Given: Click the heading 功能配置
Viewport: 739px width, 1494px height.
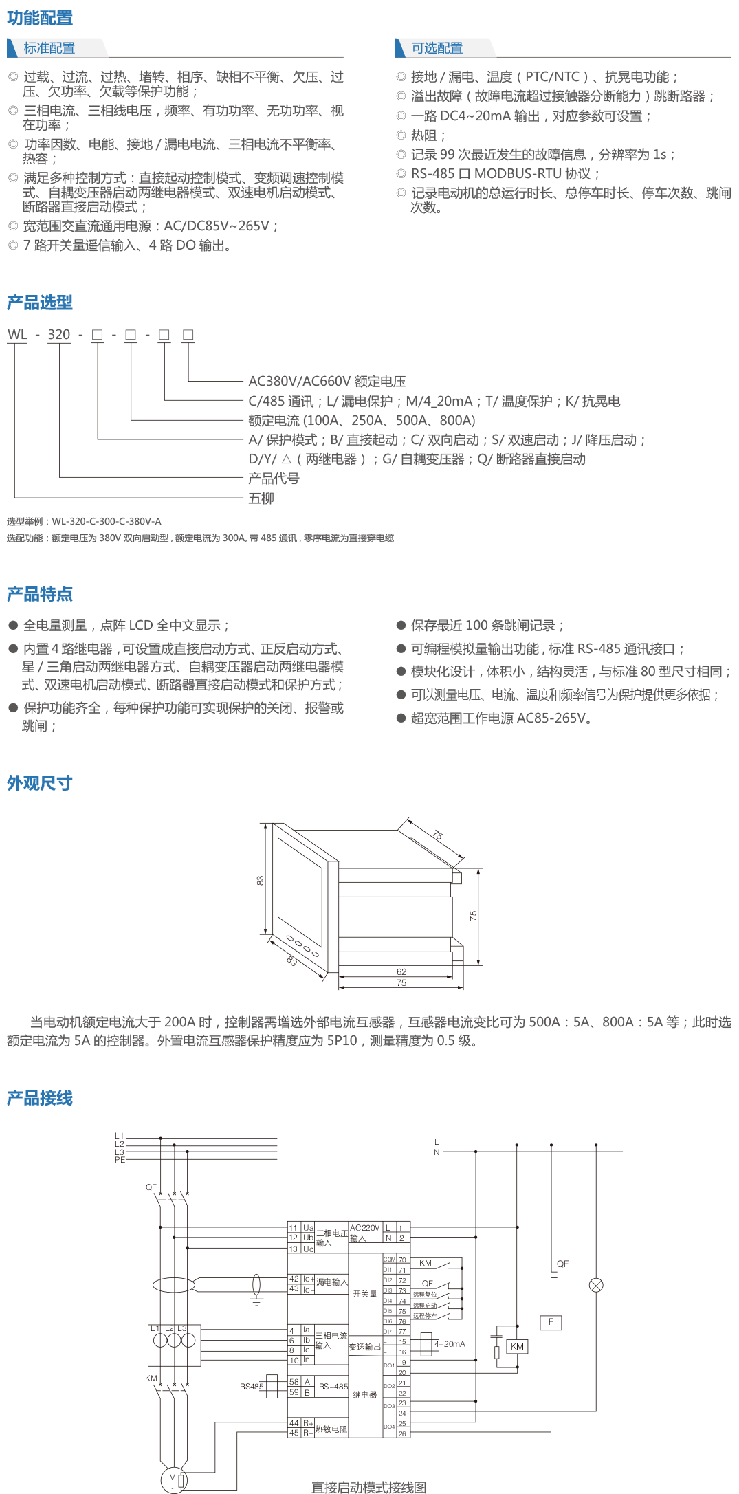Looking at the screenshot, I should tap(40, 18).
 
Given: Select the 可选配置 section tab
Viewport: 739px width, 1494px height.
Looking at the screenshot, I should tap(437, 48).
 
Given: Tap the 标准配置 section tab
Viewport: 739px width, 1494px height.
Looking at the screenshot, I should tap(49, 48).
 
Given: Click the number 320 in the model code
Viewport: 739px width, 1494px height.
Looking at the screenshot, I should tap(59, 335).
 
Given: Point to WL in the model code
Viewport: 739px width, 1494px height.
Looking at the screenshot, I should tap(17, 335).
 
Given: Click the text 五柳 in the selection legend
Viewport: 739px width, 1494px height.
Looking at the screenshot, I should tap(261, 498).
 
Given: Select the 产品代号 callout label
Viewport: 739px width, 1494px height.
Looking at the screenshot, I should tap(274, 479).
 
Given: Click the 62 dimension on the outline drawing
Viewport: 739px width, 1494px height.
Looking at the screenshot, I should tap(401, 971).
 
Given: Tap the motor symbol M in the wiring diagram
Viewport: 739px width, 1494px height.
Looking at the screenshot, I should tap(173, 1477).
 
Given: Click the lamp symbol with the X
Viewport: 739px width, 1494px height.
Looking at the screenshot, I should tap(596, 1285).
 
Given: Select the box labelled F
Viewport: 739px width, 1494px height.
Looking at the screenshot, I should tap(551, 1322).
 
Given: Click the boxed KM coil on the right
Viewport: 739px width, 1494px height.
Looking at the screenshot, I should tap(517, 1346).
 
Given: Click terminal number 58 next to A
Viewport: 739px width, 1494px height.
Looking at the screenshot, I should tap(294, 1381).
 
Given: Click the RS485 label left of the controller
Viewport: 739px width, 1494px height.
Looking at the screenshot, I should tap(252, 1386).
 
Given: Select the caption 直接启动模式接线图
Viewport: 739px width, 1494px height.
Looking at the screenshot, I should tap(368, 1487).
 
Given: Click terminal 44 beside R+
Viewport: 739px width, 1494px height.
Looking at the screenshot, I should tap(294, 1422).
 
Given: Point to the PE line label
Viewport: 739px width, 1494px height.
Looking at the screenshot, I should tap(120, 1159).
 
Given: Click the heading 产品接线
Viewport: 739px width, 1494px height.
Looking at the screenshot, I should tap(40, 1098).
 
